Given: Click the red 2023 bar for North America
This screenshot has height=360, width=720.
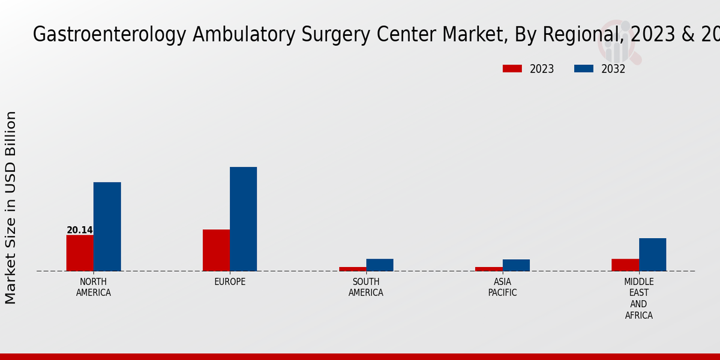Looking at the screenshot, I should click(80, 253).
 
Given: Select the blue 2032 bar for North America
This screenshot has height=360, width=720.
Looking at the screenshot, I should click(107, 226).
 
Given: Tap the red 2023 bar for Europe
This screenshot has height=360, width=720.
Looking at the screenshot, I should click(216, 250).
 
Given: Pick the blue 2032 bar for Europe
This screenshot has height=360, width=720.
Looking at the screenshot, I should click(243, 218).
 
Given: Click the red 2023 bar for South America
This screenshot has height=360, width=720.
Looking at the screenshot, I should click(352, 269).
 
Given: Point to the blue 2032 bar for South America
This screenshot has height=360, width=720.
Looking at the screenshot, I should click(380, 265).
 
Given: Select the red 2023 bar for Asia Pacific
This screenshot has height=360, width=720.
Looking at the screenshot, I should click(488, 269).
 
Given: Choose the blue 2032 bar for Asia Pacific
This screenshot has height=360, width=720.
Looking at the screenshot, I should click(516, 265).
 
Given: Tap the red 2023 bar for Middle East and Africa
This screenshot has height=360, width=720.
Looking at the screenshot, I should click(625, 265).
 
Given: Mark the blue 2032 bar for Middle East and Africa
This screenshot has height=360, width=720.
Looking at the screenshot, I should click(652, 254).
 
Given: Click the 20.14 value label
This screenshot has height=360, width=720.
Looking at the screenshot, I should click(79, 230).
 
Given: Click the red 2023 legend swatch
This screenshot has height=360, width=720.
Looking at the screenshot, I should click(512, 68).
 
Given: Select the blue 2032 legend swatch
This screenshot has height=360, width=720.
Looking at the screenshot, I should click(583, 68).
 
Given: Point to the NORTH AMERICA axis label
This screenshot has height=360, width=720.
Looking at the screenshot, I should click(94, 287).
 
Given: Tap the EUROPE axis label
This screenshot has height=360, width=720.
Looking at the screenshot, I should click(230, 282).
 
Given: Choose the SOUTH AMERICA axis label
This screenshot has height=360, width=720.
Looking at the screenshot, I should click(366, 287).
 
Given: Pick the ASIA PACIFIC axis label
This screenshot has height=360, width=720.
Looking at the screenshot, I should click(502, 287).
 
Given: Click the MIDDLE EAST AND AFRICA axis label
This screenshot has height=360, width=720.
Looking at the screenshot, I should click(638, 298).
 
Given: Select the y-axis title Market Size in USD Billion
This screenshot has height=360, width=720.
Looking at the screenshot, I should click(11, 207).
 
